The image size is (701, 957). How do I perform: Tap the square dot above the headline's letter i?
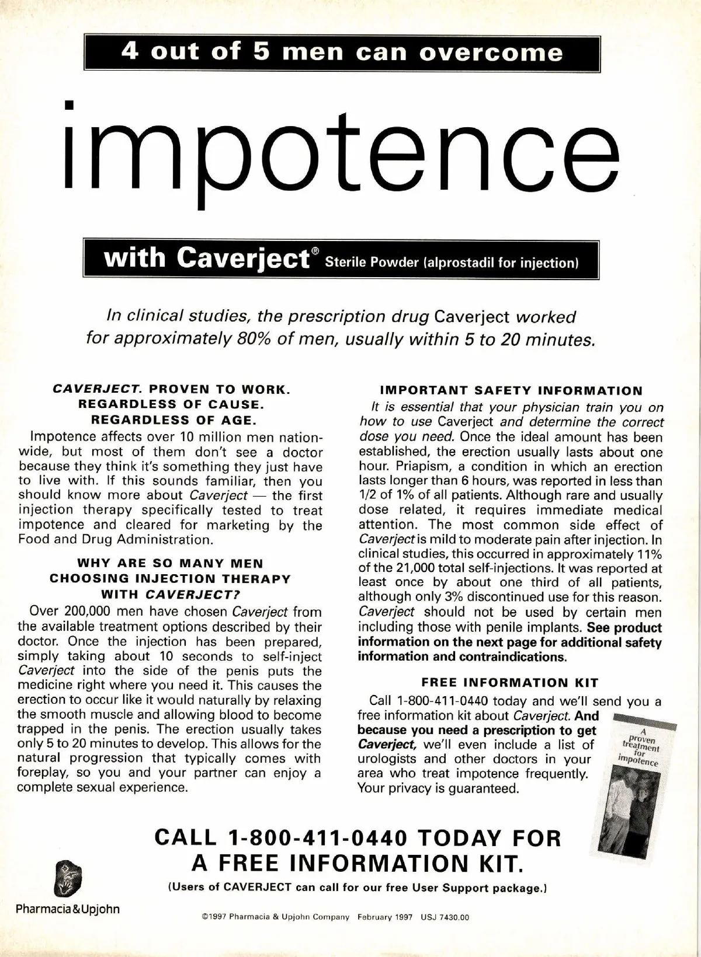70,105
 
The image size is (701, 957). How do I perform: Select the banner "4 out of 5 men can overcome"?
342,53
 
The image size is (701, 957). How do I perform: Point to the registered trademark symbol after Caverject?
315,252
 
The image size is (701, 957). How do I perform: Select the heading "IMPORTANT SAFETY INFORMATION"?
511,390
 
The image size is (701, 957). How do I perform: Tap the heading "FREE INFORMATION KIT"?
510,682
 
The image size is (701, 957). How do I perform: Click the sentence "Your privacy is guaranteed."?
438,788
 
